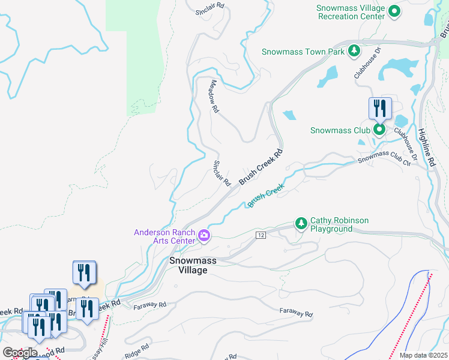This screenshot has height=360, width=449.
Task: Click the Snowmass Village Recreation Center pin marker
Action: pos(394,10)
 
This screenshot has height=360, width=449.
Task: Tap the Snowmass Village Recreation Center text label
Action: pos(351,12)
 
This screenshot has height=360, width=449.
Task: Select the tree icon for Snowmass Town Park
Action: pos(354,51)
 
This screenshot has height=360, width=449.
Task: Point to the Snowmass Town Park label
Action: pos(303,52)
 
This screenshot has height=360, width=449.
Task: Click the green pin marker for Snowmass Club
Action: pos(379,130)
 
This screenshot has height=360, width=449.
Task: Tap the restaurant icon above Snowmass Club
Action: pos(379,108)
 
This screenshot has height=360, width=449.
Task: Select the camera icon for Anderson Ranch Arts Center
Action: pos(204,236)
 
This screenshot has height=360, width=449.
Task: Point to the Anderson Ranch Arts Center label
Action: pos(164,236)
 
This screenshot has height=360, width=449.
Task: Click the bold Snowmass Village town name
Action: pos(188,265)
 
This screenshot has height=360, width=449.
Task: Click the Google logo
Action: pos(20,353)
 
